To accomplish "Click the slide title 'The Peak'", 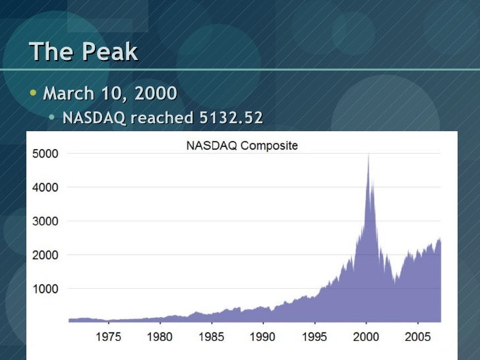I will [x=84, y=51].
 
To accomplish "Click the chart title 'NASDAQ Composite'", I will [x=241, y=146].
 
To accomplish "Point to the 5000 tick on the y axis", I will [x=45, y=154].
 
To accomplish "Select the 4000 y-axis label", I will [x=45, y=187].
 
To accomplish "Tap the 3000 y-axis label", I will [x=45, y=221].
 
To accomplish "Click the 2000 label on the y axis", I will [x=45, y=255].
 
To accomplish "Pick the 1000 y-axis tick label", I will [x=45, y=289].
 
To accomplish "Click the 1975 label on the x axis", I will [x=109, y=337].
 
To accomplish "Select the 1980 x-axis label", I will [x=160, y=337].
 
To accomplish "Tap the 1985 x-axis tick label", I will [x=211, y=337].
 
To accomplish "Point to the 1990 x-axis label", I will [x=262, y=337].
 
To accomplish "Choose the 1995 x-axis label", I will [x=314, y=337].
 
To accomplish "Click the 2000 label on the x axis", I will [x=366, y=337].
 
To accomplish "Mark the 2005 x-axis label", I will [x=417, y=337].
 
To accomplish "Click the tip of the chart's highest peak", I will [x=368, y=154].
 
